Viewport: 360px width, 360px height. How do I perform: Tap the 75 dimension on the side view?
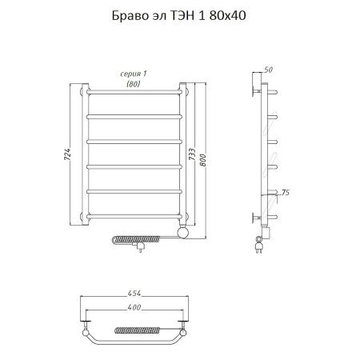tap(286, 192)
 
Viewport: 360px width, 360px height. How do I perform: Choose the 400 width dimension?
tap(135, 309)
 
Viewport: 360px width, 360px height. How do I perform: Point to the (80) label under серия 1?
tap(135, 82)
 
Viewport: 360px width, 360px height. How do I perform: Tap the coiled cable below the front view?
tap(132, 239)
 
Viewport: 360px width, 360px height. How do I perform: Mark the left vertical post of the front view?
tap(85, 152)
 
